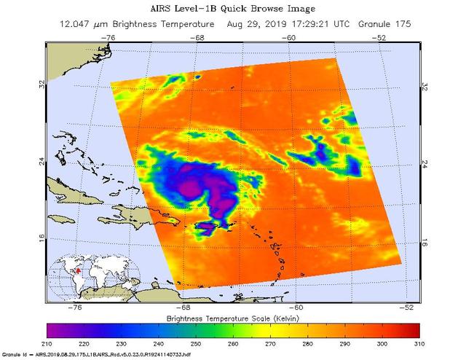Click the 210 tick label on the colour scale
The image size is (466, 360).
coord(48,343)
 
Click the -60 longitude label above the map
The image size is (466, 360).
coord(289,36)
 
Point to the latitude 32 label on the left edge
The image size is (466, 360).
coord(42,85)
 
